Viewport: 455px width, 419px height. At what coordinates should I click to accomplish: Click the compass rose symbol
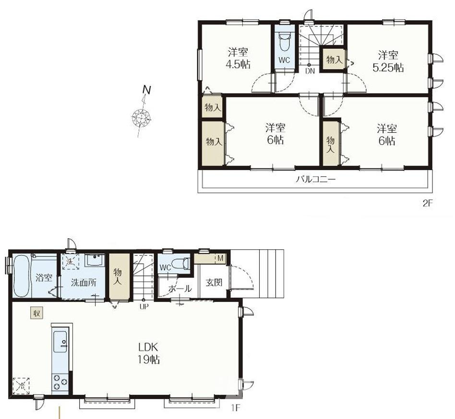(x=142, y=117)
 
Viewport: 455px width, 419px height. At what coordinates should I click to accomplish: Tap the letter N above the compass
(x=147, y=90)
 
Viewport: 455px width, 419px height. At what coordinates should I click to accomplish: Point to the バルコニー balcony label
(x=316, y=180)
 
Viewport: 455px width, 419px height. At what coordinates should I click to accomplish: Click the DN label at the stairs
(x=310, y=71)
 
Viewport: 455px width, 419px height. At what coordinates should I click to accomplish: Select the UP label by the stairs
(x=144, y=307)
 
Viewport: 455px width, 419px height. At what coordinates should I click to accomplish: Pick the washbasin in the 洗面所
(x=95, y=260)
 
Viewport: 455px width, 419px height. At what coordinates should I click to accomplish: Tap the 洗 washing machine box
(x=71, y=261)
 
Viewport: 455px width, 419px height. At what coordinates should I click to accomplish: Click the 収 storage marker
(x=37, y=313)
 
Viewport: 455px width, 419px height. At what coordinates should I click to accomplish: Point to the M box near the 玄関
(x=220, y=258)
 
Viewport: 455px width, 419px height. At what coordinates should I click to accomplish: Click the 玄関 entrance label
(x=214, y=282)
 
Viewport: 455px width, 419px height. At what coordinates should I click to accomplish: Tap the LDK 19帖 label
(x=148, y=353)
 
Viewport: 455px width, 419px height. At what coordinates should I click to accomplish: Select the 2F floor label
(x=428, y=203)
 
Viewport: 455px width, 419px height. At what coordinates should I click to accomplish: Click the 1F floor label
(x=236, y=408)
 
